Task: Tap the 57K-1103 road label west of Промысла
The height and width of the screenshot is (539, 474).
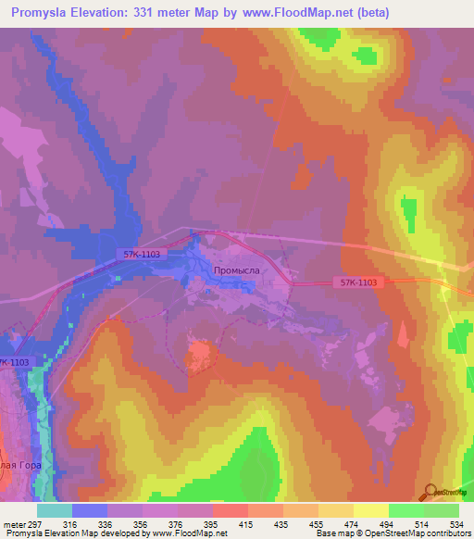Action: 140,252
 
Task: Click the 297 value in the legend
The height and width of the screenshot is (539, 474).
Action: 36,523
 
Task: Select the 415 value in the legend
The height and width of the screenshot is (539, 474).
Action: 247,523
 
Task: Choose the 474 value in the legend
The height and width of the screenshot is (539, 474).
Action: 353,523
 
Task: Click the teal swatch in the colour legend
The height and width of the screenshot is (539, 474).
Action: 54,510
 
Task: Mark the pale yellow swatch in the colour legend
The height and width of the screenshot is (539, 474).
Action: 370,510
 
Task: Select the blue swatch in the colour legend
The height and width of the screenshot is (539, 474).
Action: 89,510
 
